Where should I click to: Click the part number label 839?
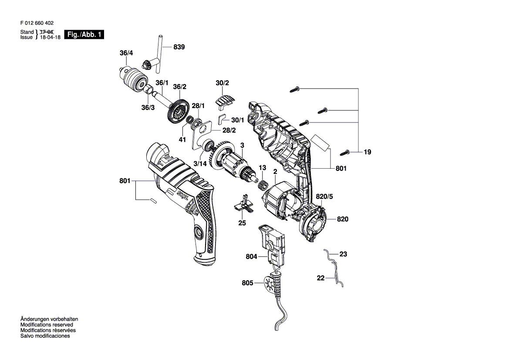point(179,47)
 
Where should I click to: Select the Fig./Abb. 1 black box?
point(84,35)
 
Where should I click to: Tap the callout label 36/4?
point(126,53)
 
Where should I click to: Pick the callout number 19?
point(367,152)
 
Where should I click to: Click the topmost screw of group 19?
point(295,89)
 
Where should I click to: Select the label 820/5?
point(324,197)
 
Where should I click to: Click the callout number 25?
point(242,223)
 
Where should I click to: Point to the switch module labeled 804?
point(272,243)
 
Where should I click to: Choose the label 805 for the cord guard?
point(247,283)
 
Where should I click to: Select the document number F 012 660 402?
point(37,23)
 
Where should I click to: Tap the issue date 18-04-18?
point(50,37)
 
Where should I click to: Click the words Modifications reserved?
point(47,325)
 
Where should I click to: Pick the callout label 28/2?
point(229,130)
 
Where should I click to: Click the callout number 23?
point(343,254)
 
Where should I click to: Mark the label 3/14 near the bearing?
point(200,164)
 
